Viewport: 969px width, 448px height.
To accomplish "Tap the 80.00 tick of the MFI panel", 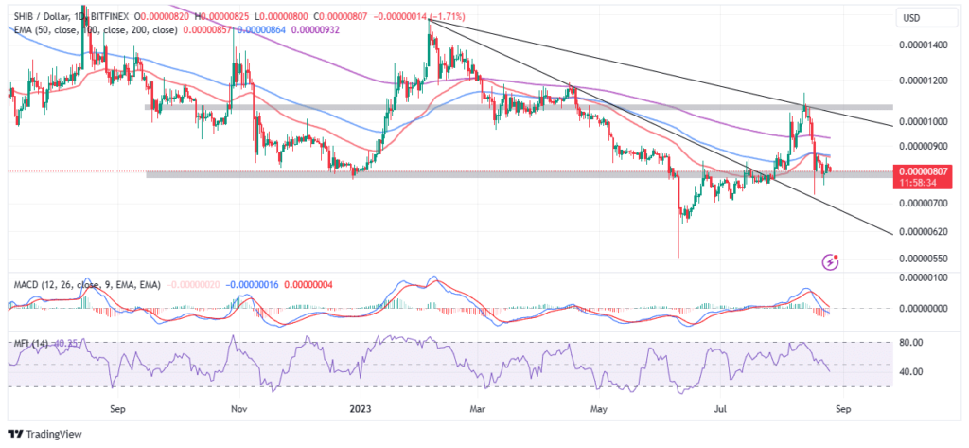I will (910, 342).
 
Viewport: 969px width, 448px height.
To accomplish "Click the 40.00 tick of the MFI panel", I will (910, 371).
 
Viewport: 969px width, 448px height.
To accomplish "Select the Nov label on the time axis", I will (238, 409).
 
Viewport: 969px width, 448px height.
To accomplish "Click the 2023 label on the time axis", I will (359, 409).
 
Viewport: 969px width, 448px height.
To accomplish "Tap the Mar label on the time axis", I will (478, 409).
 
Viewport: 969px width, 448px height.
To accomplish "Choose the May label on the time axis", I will (597, 409).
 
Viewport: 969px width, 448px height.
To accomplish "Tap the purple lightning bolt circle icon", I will (831, 260).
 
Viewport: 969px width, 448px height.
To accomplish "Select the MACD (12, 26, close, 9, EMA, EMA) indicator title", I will (86, 282).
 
